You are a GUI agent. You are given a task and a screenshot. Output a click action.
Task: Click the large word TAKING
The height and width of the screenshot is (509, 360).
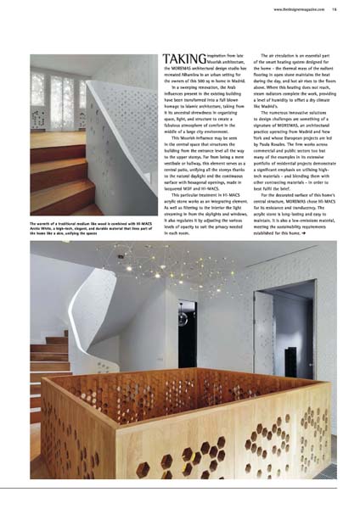181,60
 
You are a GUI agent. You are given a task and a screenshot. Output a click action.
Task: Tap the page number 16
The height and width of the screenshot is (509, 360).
335,9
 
